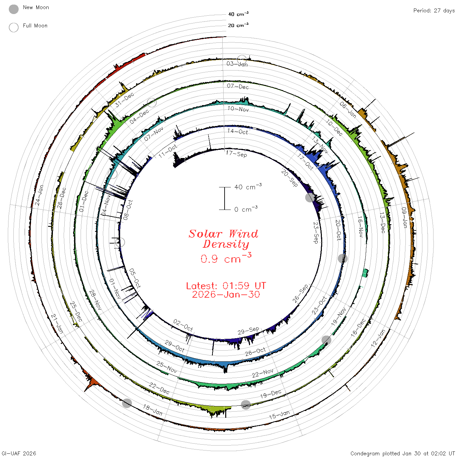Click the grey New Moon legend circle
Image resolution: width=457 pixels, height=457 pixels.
point(14,9)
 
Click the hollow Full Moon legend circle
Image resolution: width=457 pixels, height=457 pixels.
point(14,27)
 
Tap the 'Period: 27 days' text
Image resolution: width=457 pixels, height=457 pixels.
point(434,11)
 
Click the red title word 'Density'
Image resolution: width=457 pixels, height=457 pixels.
point(226,244)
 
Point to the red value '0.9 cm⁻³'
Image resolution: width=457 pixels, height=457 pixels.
point(226,258)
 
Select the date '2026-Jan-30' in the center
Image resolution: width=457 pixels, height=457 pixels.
point(226,294)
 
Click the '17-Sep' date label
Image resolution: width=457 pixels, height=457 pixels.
point(236,154)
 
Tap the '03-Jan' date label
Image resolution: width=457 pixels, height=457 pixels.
point(237,64)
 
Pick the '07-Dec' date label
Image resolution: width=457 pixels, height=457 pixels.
point(238,86)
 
